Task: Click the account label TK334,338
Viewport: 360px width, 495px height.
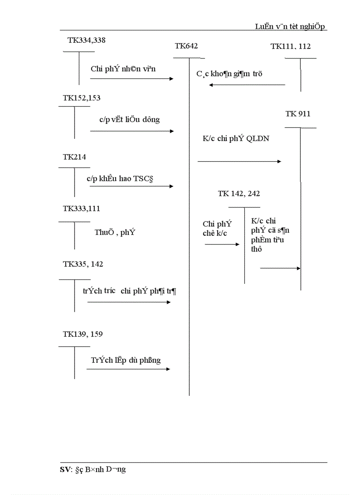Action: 86,40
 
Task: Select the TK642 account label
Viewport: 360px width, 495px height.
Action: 186,46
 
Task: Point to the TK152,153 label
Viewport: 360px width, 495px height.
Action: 82,98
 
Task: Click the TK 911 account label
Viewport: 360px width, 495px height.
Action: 298,114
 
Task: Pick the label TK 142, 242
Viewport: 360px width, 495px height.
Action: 242,194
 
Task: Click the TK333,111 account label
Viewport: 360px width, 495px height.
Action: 79,208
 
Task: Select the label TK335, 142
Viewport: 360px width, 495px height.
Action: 83,264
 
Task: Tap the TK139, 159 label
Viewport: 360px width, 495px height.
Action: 82,334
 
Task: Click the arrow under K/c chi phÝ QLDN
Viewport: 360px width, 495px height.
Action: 239,162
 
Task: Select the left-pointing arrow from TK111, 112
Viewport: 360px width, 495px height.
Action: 247,85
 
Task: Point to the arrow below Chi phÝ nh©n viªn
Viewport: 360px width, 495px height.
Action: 132,78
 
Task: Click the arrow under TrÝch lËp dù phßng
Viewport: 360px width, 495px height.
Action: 128,369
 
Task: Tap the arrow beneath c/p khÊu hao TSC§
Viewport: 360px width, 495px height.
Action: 131,186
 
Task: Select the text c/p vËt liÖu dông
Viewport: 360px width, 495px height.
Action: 129,119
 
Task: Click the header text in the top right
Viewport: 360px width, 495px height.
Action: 290,26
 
